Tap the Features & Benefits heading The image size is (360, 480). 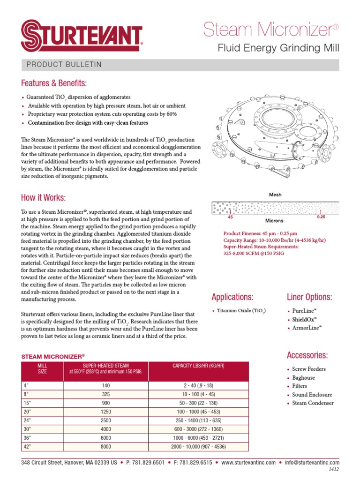coord(54,83)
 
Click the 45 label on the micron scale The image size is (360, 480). coord(230,217)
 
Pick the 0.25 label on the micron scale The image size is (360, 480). coord(321,217)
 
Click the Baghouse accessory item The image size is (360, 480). coord(303,378)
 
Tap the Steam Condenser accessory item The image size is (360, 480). coord(313,403)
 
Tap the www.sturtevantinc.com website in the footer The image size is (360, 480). coord(248,463)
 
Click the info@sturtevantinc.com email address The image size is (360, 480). coord(311,463)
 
